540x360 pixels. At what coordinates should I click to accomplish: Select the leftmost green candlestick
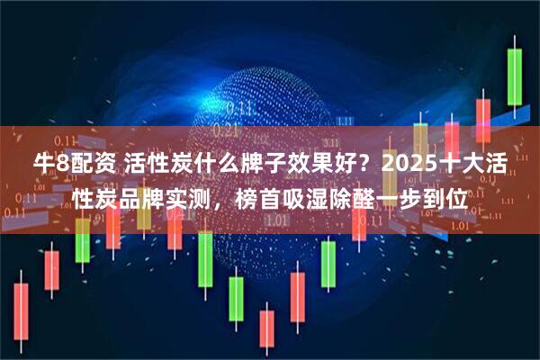83,239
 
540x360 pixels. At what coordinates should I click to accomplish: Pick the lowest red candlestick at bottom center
266,329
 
